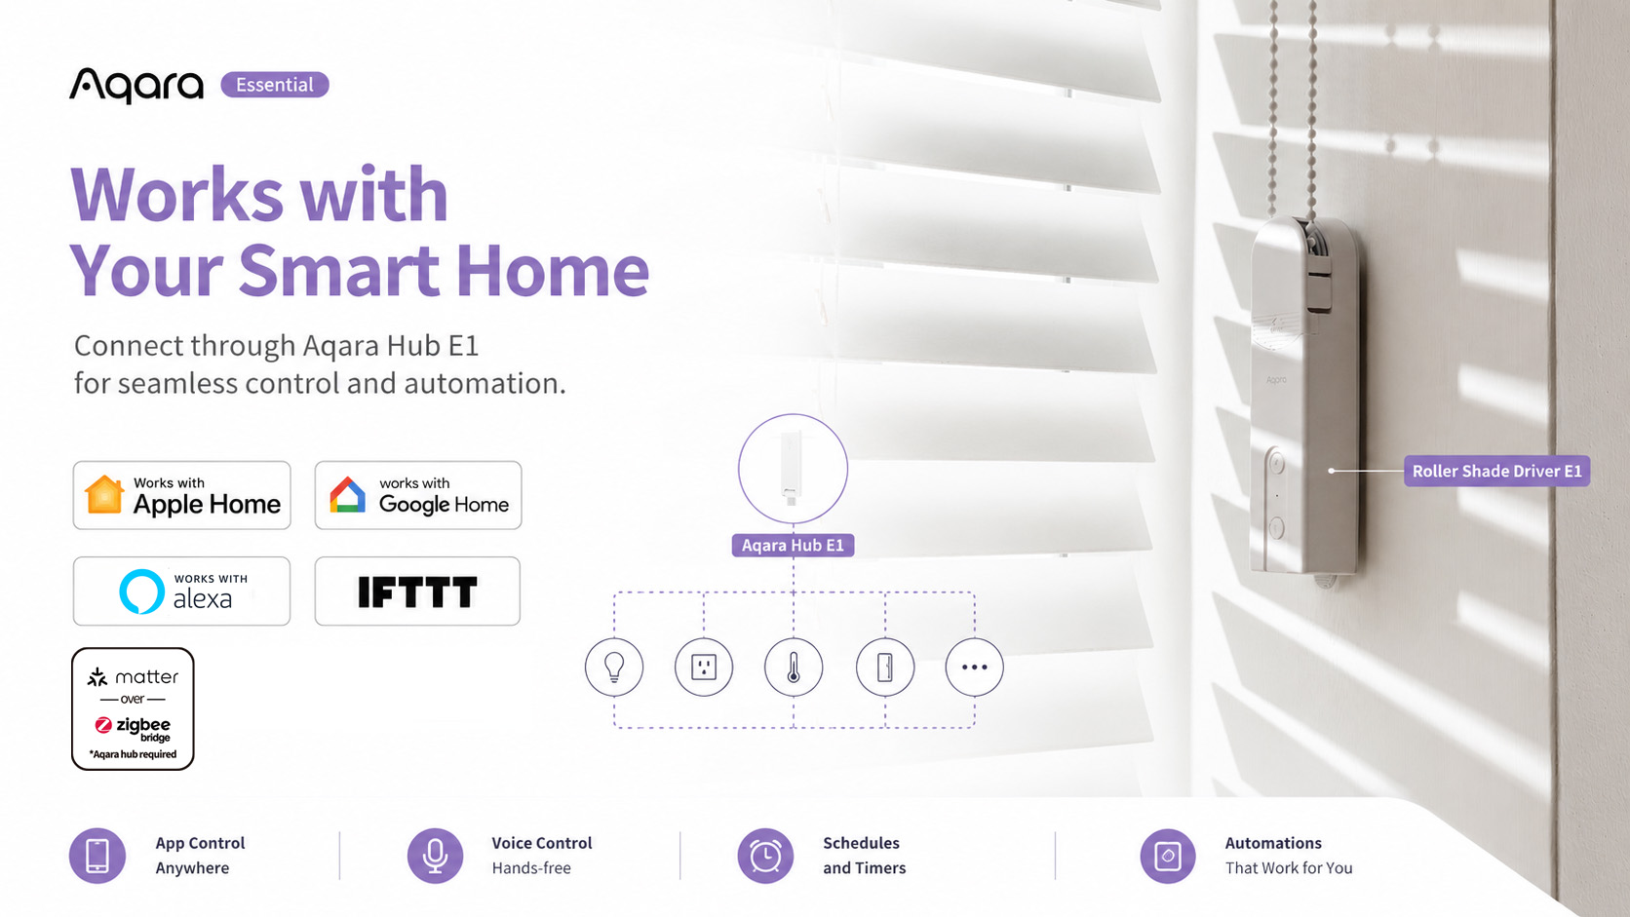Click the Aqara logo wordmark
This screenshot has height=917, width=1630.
click(136, 85)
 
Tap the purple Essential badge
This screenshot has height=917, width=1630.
click(274, 85)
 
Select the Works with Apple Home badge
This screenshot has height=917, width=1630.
click(182, 495)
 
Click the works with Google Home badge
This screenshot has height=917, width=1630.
click(418, 495)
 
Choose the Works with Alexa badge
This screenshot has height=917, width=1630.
click(182, 592)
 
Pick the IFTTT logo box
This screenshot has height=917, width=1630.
click(417, 592)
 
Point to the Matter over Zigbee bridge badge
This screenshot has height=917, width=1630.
click(133, 709)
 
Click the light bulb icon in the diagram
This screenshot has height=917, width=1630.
click(614, 667)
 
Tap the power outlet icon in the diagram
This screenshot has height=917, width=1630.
click(704, 667)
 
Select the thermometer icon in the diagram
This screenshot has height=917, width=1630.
click(794, 667)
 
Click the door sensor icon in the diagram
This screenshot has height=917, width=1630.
click(885, 667)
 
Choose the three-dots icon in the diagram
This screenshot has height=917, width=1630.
click(974, 667)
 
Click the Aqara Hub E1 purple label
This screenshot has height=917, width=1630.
click(794, 546)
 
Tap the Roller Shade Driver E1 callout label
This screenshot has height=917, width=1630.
click(1496, 472)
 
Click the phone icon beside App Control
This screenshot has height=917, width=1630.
click(97, 856)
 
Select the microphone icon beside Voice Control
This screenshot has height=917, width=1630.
click(435, 856)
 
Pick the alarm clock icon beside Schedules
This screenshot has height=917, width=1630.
click(765, 856)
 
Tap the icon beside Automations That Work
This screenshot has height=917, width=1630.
click(1168, 856)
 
